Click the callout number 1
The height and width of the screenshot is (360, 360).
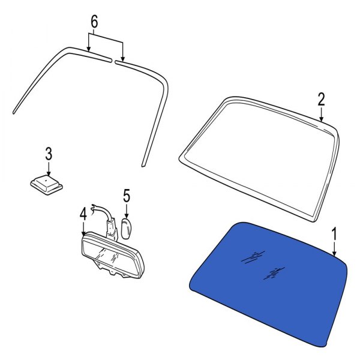click(x=334, y=234)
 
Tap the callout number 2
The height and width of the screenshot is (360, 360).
click(x=321, y=99)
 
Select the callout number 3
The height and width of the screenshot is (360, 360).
click(x=49, y=154)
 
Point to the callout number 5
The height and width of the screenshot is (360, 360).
click(x=127, y=196)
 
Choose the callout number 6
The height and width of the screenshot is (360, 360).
click(x=94, y=22)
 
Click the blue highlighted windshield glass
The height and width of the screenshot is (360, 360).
click(x=269, y=284)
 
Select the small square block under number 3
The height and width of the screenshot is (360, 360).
click(x=47, y=185)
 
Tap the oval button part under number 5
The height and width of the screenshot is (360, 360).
click(x=126, y=228)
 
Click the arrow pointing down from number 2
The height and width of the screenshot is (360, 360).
click(x=322, y=115)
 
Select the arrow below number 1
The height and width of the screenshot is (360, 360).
click(x=334, y=248)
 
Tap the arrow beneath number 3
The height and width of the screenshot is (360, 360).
click(x=49, y=169)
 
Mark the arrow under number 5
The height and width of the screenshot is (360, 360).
click(x=127, y=211)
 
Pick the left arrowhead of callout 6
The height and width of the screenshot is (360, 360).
click(x=89, y=49)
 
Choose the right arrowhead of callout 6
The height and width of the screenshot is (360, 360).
click(x=123, y=59)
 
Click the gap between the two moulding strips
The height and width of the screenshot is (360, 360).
click(x=113, y=61)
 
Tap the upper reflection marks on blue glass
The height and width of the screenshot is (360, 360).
click(x=253, y=257)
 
